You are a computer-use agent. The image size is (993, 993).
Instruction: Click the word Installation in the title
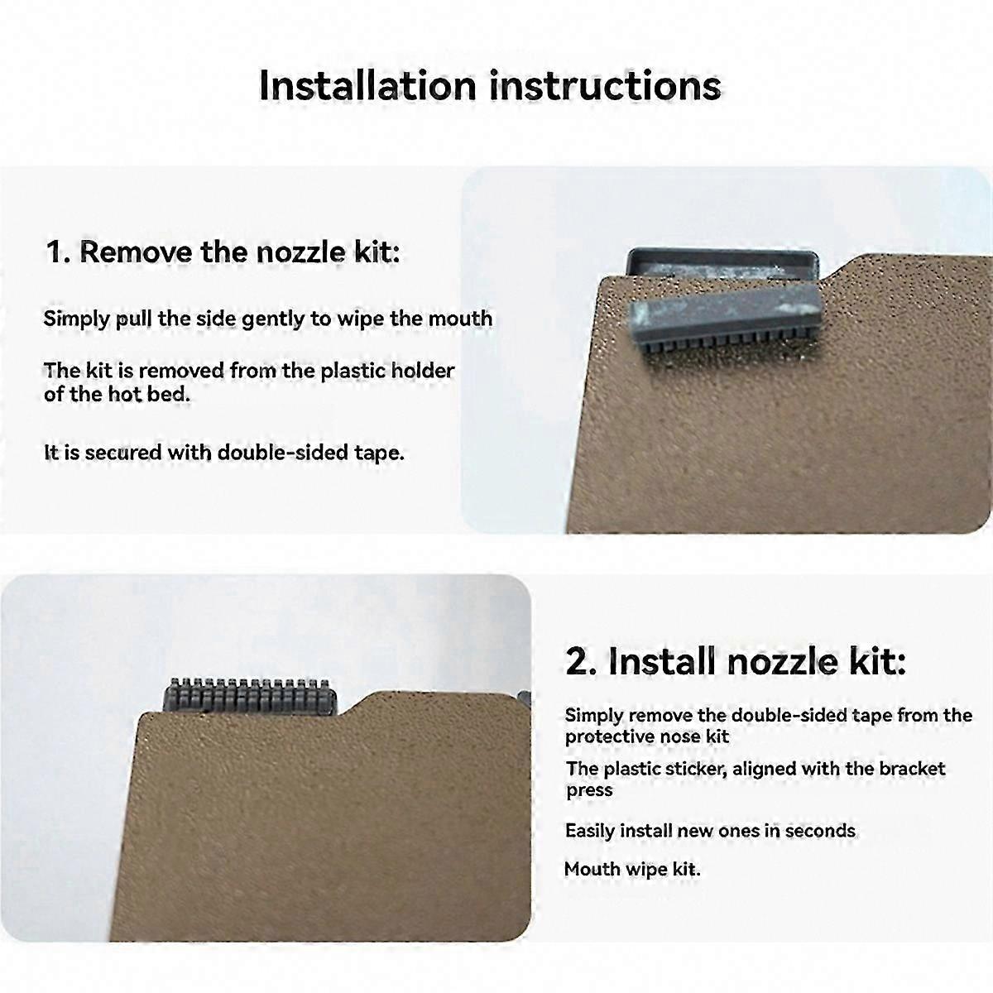(x=368, y=85)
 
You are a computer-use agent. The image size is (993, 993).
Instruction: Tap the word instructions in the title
(x=605, y=85)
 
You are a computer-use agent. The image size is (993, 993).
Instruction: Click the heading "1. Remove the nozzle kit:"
(x=223, y=252)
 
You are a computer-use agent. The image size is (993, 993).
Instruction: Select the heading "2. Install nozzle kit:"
(x=736, y=662)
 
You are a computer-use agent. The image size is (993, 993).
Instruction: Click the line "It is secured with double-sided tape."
(x=223, y=453)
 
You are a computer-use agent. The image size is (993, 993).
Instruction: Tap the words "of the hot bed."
(x=117, y=395)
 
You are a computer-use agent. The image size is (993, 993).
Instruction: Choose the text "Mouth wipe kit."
(x=632, y=870)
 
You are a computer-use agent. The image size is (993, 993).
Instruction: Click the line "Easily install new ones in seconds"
(x=710, y=831)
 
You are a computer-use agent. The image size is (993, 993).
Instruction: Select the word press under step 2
(x=589, y=791)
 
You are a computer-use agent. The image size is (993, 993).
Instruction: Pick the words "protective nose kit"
(x=647, y=737)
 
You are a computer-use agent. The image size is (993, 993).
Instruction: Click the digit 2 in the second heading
(x=577, y=662)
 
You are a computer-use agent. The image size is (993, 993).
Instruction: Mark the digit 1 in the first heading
(x=53, y=252)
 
